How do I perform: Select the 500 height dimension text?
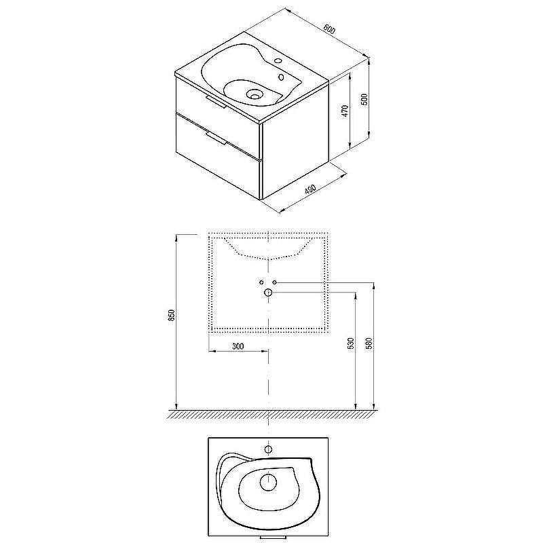(364, 99)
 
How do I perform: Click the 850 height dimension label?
(172, 315)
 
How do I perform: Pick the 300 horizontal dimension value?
(238, 346)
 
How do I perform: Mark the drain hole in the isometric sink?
(255, 95)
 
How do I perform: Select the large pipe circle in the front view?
(268, 293)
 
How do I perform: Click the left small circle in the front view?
(261, 282)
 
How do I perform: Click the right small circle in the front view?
(274, 282)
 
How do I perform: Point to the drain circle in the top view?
(268, 483)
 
